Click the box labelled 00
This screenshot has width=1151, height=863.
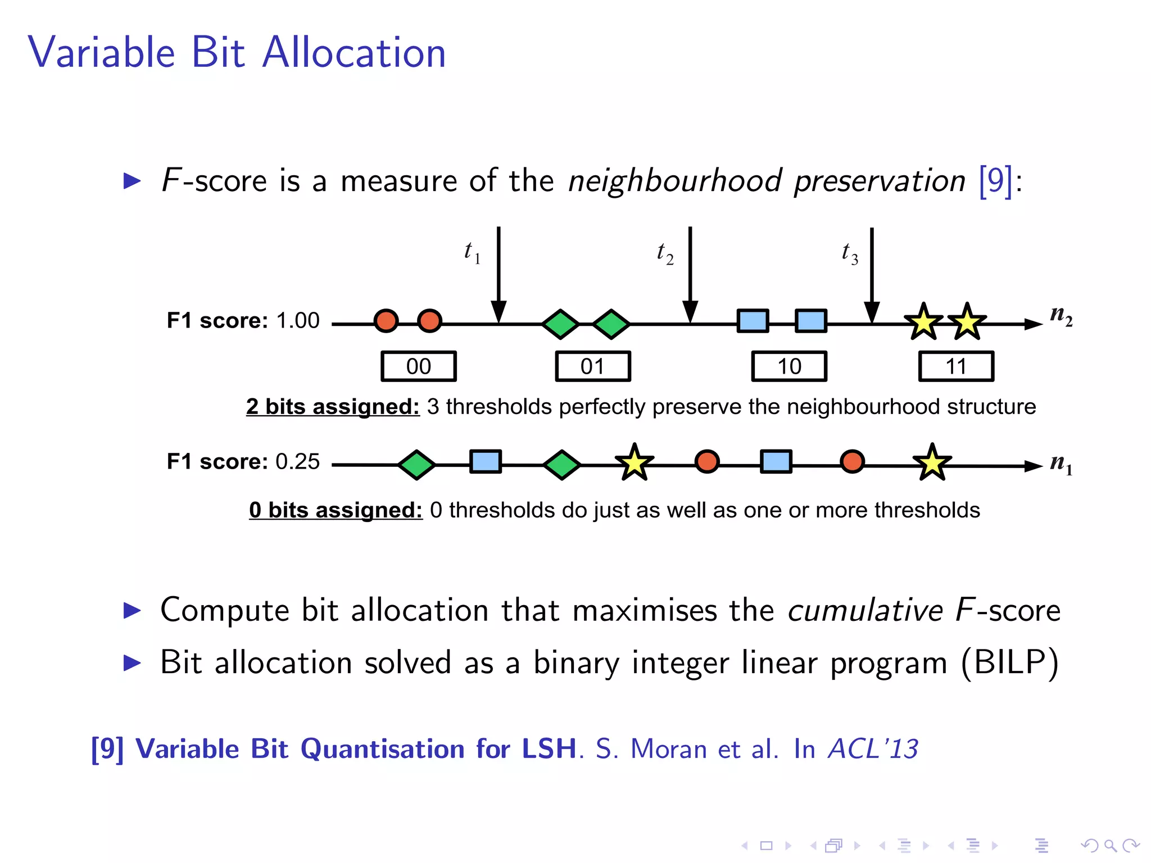pyautogui.click(x=419, y=366)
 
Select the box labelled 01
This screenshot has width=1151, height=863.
pyautogui.click(x=593, y=366)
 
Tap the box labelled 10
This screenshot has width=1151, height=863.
pyautogui.click(x=789, y=366)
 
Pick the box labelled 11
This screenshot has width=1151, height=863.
pyautogui.click(x=956, y=366)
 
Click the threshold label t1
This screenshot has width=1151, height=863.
pyautogui.click(x=472, y=252)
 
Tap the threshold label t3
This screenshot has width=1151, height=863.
pyautogui.click(x=850, y=253)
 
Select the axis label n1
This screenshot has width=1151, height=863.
pyautogui.click(x=1061, y=464)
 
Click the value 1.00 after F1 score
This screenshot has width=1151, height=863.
pyautogui.click(x=298, y=321)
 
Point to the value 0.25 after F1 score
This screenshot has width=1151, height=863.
pyautogui.click(x=297, y=462)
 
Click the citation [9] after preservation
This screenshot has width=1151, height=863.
pyautogui.click(x=995, y=181)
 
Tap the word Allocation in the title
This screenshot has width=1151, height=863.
pyautogui.click(x=354, y=53)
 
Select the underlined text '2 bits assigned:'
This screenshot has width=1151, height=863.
pyautogui.click(x=333, y=406)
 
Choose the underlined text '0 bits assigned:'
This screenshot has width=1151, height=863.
pyautogui.click(x=336, y=510)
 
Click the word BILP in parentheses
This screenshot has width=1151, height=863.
pyautogui.click(x=1009, y=663)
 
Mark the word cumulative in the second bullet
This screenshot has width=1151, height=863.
pyautogui.click(x=865, y=610)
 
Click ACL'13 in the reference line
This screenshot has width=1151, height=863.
pyautogui.click(x=873, y=749)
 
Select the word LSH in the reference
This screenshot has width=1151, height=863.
pyautogui.click(x=549, y=749)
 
